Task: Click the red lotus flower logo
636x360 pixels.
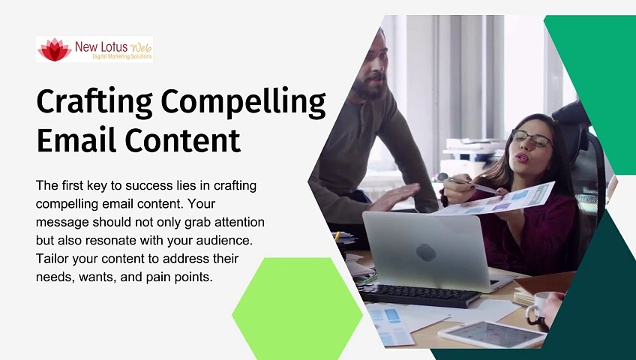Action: coord(54,50)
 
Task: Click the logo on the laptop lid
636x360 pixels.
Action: coord(426,252)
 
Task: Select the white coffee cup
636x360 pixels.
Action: coord(538,308)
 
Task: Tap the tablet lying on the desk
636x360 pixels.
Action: coord(492,334)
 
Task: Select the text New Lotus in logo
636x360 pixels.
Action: coord(101,47)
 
